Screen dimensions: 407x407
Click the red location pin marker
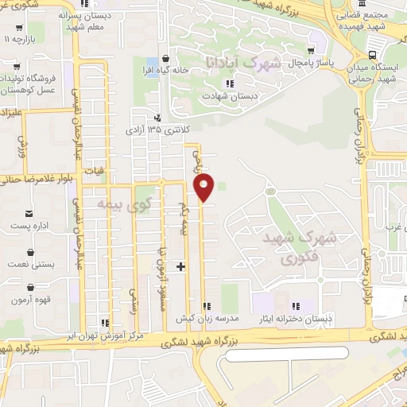pos(204,186)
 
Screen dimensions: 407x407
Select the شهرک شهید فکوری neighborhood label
pos(310,247)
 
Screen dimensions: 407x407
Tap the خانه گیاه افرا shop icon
pos(165,58)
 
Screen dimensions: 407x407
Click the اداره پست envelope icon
pos(29,214)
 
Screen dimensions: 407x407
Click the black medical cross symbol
pos(182,266)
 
